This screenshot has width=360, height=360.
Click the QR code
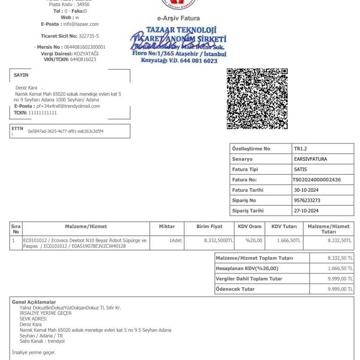(x=257, y=98)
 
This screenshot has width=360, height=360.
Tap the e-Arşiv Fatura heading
(x=178, y=18)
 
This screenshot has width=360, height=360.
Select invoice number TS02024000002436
(x=316, y=180)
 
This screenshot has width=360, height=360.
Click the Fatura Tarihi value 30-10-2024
(x=306, y=190)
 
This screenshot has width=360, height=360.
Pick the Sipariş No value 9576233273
(x=307, y=200)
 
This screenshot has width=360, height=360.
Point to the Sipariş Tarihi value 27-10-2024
(x=306, y=210)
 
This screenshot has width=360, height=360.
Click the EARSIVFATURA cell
(x=310, y=159)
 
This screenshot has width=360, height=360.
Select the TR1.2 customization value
(x=300, y=149)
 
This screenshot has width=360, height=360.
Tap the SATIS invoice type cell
(x=300, y=169)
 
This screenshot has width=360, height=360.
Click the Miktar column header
(x=167, y=226)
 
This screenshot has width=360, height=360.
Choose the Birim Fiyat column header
(x=210, y=226)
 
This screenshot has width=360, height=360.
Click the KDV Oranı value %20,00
(x=254, y=240)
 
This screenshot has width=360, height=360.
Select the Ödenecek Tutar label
(x=235, y=289)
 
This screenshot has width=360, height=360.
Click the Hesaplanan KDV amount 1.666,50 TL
(x=340, y=268)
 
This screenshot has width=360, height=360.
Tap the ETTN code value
(x=66, y=131)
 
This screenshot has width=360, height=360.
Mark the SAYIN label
(x=21, y=75)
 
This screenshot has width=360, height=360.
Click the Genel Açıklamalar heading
(x=34, y=302)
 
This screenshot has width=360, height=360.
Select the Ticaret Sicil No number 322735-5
(x=89, y=36)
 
